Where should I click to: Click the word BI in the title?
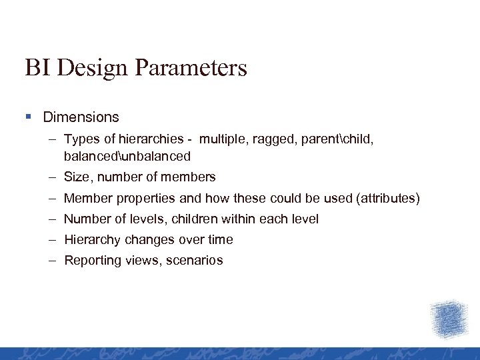[x=36, y=67]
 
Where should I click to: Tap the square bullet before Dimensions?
[x=28, y=117]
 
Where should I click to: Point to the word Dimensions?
[x=81, y=117]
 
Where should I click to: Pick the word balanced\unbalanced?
[x=127, y=157]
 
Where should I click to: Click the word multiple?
[x=225, y=139]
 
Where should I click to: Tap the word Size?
[x=77, y=177]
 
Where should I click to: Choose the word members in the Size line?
[x=191, y=177]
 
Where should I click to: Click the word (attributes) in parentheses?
[x=388, y=198]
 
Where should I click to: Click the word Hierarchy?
[x=91, y=239]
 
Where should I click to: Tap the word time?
[x=220, y=239]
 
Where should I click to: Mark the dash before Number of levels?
[x=52, y=219]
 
